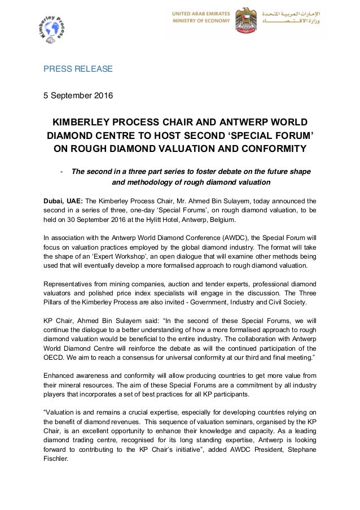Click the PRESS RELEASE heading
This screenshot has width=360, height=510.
(78, 69)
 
